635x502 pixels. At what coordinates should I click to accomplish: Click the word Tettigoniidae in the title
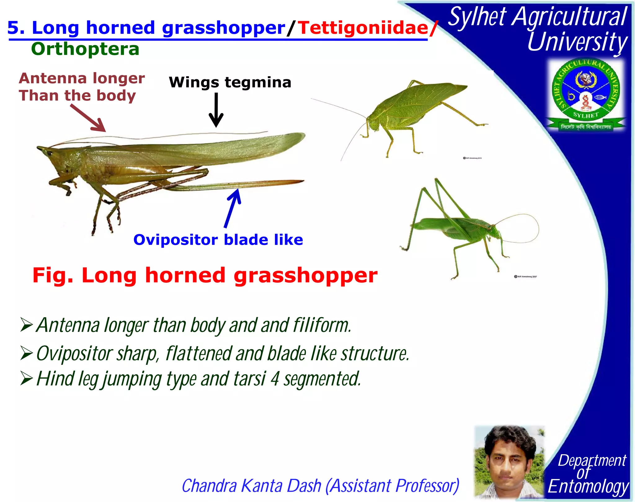click(363, 28)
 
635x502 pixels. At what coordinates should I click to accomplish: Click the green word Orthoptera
click(85, 49)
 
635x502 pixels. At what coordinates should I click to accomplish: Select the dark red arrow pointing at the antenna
click(89, 119)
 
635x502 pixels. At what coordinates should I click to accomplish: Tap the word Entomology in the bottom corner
click(588, 487)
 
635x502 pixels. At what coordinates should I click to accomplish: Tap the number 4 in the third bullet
click(275, 379)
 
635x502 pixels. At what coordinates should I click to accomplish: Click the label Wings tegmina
click(230, 82)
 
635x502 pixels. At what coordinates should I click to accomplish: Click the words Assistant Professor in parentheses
click(392, 486)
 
